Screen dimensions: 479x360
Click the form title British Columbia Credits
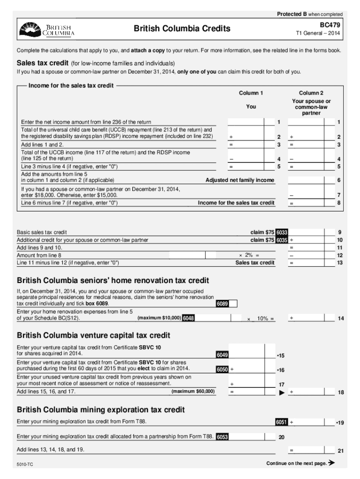(x=182, y=29)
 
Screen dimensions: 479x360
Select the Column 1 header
(x=251, y=93)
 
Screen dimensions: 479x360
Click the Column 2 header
(x=311, y=93)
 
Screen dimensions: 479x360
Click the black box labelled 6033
(x=282, y=232)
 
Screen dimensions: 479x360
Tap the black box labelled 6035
(x=282, y=240)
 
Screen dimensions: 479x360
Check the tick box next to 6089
(x=233, y=304)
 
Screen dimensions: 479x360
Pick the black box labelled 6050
(x=222, y=370)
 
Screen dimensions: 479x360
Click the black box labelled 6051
(x=281, y=422)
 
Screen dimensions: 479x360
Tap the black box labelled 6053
(x=223, y=437)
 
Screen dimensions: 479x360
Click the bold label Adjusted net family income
(x=240, y=181)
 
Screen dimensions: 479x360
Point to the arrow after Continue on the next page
(x=332, y=463)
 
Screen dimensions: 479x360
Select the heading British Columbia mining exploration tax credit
(x=101, y=410)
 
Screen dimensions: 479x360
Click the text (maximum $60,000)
(x=193, y=391)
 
